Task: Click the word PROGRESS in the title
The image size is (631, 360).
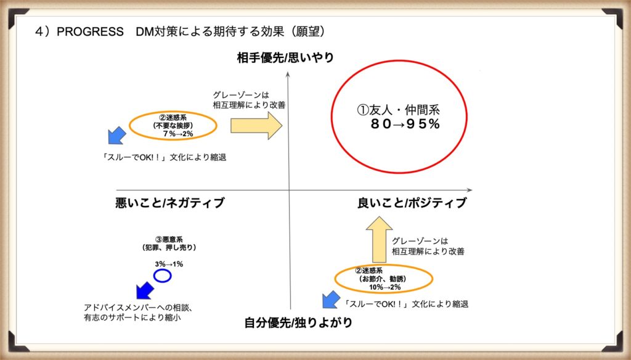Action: click(x=90, y=31)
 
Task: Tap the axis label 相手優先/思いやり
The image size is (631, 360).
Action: click(x=285, y=57)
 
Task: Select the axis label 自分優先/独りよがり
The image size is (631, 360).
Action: click(x=298, y=322)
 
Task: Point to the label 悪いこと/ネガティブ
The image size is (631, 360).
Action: click(x=170, y=203)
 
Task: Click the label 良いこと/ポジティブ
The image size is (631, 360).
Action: click(x=412, y=203)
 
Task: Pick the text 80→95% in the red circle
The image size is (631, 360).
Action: click(x=405, y=124)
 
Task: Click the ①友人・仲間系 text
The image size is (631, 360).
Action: click(x=399, y=110)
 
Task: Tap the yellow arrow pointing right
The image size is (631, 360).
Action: click(x=256, y=126)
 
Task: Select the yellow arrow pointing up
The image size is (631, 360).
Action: click(x=379, y=240)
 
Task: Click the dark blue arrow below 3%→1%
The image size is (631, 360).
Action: click(x=145, y=290)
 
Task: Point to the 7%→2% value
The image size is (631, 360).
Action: click(x=178, y=134)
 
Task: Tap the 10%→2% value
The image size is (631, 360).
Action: click(x=385, y=287)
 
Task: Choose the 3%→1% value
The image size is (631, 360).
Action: click(x=169, y=264)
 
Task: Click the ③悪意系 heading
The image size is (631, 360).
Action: click(x=169, y=240)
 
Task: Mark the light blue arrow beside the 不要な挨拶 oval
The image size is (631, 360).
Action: click(x=117, y=136)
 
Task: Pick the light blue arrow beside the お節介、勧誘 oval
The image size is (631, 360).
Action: click(x=331, y=300)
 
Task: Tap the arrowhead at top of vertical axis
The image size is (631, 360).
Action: click(x=288, y=74)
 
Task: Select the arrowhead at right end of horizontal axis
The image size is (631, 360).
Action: click(x=470, y=190)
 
